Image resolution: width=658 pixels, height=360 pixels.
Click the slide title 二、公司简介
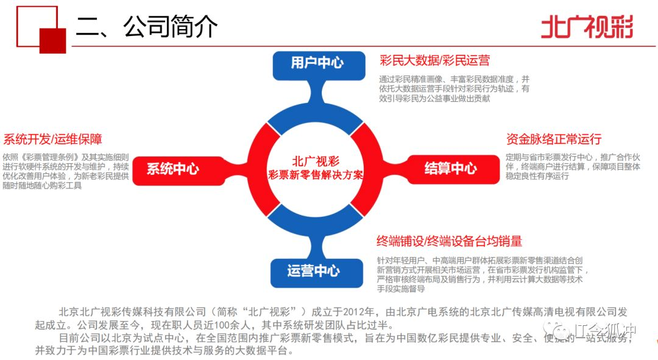(x=146, y=27)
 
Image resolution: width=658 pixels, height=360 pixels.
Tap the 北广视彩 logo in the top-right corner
(x=587, y=27)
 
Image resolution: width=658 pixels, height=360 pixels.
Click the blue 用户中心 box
(x=317, y=63)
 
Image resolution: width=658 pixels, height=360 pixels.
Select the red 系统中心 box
(x=173, y=169)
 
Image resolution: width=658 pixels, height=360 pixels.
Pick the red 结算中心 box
(x=451, y=169)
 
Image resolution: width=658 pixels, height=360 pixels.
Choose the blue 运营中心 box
(x=313, y=270)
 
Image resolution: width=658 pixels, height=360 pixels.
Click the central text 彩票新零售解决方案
(x=316, y=175)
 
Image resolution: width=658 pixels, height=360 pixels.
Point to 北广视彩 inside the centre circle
(x=316, y=161)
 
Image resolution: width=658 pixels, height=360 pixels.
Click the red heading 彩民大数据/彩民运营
(x=434, y=60)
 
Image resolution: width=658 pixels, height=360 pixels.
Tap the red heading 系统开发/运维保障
(x=52, y=139)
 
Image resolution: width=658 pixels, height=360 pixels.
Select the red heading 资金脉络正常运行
(x=554, y=139)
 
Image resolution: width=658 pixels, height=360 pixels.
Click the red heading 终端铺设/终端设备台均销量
(x=450, y=241)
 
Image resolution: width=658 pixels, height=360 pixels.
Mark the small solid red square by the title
(x=52, y=40)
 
